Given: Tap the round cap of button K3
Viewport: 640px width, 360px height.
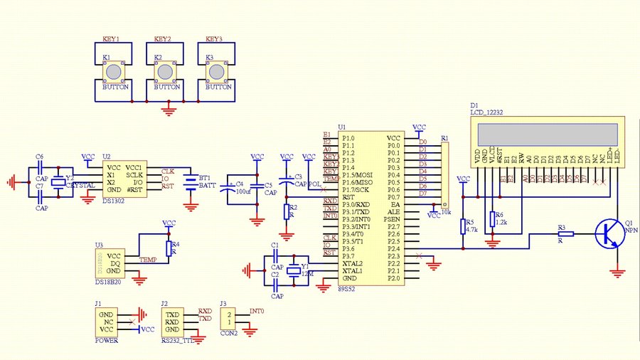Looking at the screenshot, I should pos(216,71).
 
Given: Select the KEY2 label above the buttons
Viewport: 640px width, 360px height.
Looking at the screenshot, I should pos(163,40).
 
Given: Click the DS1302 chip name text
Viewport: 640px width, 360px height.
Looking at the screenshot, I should pos(114,201).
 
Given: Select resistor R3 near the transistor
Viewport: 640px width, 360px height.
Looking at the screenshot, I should pos(566,234).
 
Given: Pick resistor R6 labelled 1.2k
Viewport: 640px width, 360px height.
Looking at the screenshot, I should pos(492,219).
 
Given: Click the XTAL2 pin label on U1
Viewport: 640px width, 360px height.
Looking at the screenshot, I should pos(352,263).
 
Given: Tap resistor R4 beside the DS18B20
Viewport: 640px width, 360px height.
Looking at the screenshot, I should pos(169,248).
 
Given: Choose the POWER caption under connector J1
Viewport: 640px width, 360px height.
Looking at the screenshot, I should pos(107,341).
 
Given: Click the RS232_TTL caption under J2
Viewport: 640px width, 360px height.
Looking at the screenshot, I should pos(177,341).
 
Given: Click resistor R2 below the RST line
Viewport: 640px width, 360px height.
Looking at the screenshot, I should pos(287,211).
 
